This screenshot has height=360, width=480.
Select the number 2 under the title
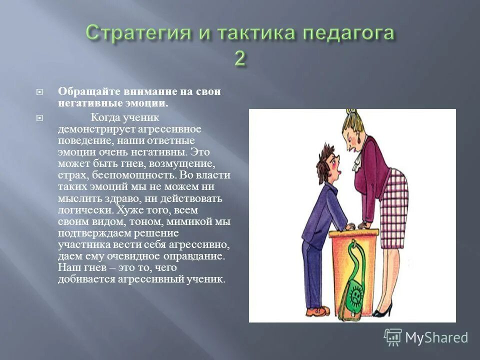point(240,58)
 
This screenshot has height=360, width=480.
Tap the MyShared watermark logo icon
point(392,337)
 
